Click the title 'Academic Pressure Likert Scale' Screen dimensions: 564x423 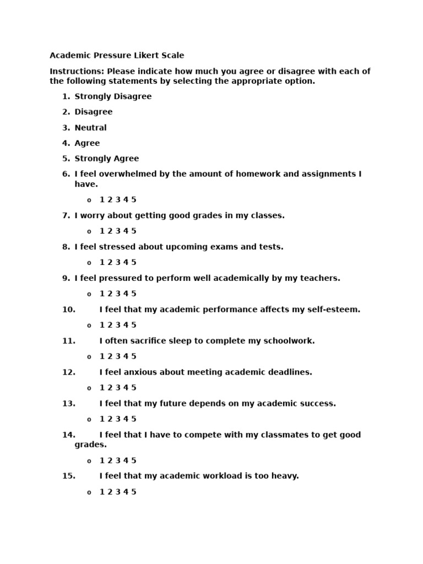click(117, 56)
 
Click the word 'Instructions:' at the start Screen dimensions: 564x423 click(77, 71)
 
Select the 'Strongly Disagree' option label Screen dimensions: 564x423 click(113, 96)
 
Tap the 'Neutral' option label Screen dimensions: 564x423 click(90, 128)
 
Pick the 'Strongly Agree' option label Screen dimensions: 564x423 click(106, 159)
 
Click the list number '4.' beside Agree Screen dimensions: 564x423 click(66, 143)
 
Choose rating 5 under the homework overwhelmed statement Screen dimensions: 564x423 click(134, 200)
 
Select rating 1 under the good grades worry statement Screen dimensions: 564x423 click(102, 231)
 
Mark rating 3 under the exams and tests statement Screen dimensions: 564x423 click(118, 263)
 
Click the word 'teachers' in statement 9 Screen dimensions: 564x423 click(319, 278)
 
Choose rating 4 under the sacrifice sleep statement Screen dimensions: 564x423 click(126, 356)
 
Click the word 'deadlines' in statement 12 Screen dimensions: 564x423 click(290, 372)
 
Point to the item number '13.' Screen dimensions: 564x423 click(69, 404)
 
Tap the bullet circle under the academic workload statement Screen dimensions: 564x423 click(89, 492)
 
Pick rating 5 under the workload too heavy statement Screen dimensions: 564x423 click(134, 492)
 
